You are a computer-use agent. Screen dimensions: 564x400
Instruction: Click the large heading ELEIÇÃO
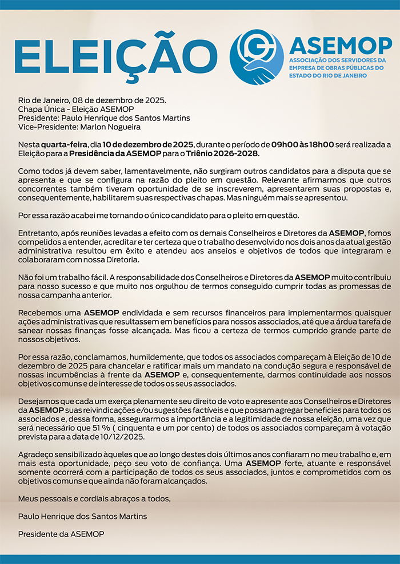click(111, 57)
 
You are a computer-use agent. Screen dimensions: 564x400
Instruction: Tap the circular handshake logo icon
click(256, 57)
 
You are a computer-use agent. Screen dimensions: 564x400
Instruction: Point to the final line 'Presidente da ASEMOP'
click(62, 534)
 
